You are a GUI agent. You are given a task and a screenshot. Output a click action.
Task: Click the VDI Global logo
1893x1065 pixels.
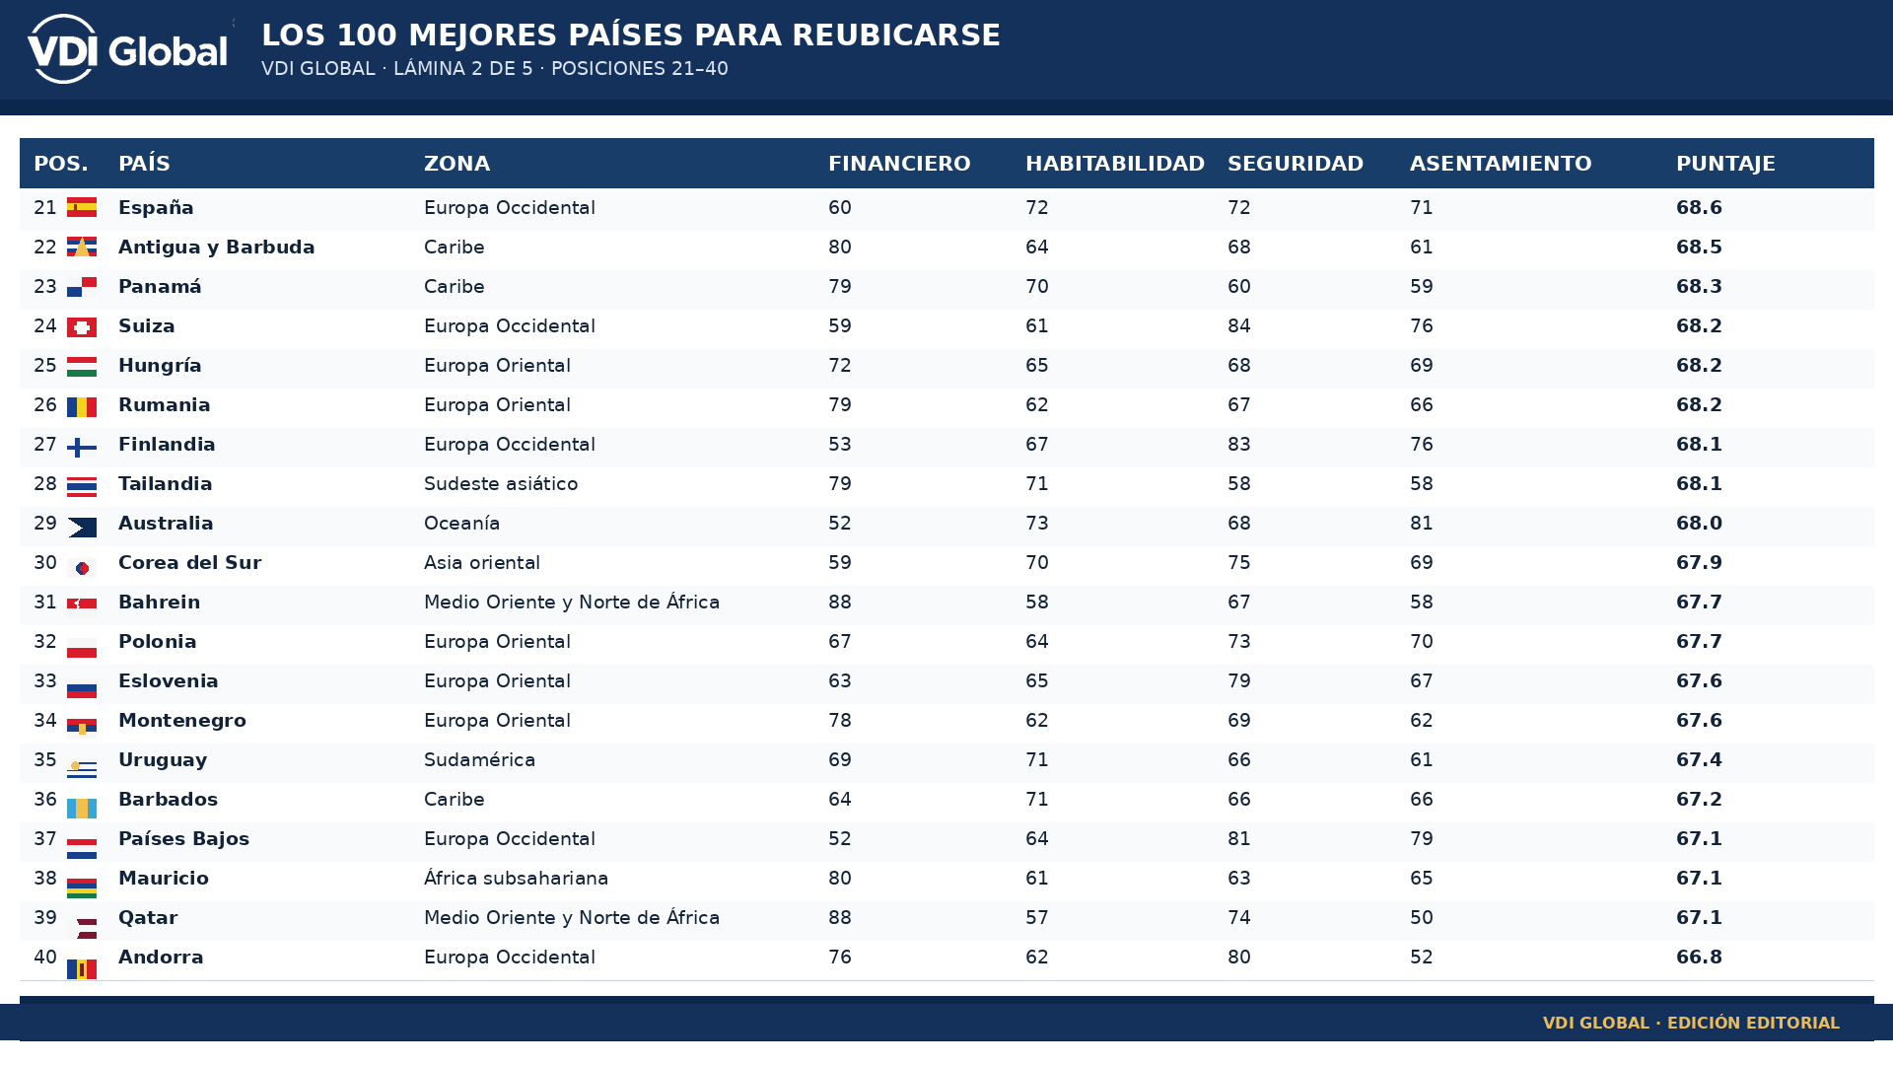click(x=128, y=49)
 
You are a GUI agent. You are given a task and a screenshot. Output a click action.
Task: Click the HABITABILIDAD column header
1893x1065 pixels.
click(x=1115, y=164)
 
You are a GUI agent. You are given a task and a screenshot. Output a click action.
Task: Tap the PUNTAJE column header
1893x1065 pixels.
click(x=1725, y=164)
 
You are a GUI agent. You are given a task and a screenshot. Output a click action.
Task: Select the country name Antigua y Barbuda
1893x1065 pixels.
click(x=216, y=248)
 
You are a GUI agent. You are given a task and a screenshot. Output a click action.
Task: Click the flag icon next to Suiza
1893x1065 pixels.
click(x=82, y=327)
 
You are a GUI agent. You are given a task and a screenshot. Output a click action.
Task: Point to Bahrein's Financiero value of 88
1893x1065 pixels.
click(x=840, y=603)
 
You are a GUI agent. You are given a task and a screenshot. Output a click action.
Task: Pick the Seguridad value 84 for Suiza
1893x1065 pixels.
click(x=1239, y=326)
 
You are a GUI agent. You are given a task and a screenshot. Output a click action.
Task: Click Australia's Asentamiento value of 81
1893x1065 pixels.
click(x=1422, y=524)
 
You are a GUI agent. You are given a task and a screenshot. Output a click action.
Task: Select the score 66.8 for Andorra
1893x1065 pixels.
click(x=1699, y=958)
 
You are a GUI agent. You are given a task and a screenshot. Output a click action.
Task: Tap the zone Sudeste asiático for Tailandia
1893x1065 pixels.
click(x=501, y=484)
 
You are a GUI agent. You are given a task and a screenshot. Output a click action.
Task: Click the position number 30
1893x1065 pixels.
click(x=45, y=563)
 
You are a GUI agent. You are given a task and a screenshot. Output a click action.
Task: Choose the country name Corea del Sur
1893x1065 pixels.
click(x=189, y=563)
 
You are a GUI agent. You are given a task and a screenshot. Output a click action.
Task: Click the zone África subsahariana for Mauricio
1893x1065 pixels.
click(x=516, y=879)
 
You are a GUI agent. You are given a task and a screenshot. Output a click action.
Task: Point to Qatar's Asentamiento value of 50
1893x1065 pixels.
click(x=1422, y=918)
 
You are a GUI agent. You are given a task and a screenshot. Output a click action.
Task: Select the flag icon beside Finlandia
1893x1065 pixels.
click(x=82, y=448)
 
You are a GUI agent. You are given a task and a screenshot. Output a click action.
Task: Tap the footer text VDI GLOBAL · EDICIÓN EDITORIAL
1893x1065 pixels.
click(x=1691, y=1024)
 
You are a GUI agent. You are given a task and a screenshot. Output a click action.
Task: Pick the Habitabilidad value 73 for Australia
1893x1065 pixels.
click(x=1037, y=524)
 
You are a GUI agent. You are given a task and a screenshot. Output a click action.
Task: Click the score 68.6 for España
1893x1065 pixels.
click(x=1699, y=208)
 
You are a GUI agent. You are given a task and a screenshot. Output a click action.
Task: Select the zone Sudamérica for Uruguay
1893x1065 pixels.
click(x=479, y=760)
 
